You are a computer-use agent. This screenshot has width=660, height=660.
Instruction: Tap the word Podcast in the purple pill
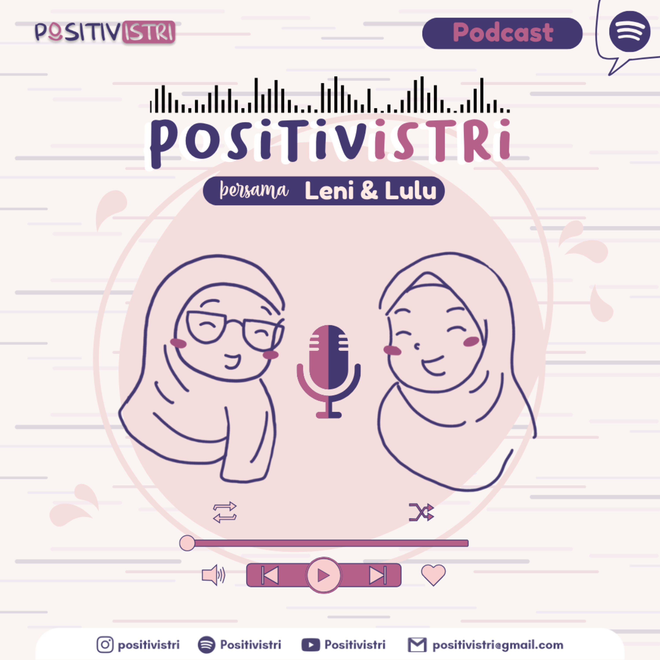[x=503, y=33]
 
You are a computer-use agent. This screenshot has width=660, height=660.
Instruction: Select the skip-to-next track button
[x=378, y=575]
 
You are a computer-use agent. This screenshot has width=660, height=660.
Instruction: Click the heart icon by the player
[x=433, y=575]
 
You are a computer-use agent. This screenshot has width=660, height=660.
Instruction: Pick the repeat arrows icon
[x=225, y=512]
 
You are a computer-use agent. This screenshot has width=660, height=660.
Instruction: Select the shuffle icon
[x=422, y=512]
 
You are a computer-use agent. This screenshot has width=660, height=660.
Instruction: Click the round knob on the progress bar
[x=187, y=543]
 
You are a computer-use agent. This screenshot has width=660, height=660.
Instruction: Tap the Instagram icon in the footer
[x=105, y=645]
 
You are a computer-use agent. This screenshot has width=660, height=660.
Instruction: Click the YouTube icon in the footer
[x=310, y=645]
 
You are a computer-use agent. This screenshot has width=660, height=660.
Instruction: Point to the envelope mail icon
[x=417, y=645]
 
